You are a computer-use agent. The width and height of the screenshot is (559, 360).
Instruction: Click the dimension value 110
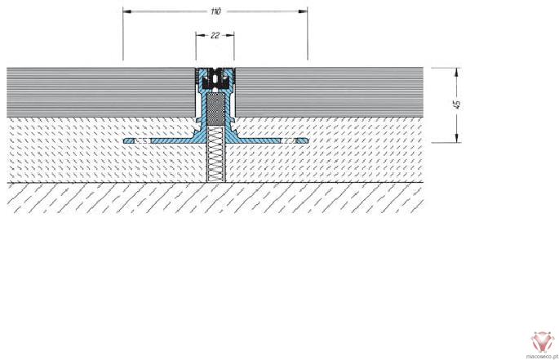[215, 11]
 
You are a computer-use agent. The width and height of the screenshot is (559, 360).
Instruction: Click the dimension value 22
[215, 35]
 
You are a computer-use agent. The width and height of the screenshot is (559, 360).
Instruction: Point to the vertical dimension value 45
[457, 104]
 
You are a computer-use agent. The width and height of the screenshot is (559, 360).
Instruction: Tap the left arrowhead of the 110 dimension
[127, 11]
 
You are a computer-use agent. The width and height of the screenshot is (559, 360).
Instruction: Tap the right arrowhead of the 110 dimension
[303, 11]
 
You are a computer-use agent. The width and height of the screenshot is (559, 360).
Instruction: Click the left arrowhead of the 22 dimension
[200, 35]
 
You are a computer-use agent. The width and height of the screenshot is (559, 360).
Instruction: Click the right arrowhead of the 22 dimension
[230, 35]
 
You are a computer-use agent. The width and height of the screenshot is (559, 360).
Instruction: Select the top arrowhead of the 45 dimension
[457, 72]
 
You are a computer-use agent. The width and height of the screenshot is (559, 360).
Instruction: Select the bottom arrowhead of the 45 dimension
[457, 138]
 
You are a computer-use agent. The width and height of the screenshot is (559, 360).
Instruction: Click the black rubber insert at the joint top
[215, 80]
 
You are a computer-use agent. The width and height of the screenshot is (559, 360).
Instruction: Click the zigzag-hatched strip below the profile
[215, 153]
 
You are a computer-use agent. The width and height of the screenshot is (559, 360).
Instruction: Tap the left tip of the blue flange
[124, 141]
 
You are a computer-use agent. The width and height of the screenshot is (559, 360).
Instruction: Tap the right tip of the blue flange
[306, 141]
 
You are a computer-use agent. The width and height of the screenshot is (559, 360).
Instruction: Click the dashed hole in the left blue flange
[143, 141]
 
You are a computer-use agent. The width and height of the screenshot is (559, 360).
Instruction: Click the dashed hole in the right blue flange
[288, 141]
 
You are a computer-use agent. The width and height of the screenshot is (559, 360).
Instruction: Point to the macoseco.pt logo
[542, 344]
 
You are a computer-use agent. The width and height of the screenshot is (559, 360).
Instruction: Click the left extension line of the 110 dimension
[123, 33]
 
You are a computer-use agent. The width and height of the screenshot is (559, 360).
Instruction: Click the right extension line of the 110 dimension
[308, 33]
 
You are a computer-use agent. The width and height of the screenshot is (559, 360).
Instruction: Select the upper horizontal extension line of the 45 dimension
[446, 68]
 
